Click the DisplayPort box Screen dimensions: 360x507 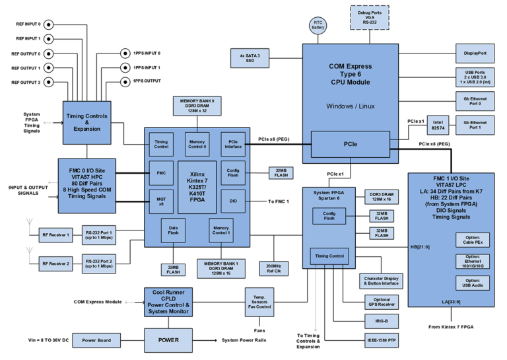coord(474,53)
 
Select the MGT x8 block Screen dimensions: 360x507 coord(161,201)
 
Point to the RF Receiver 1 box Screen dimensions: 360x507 coord(57,235)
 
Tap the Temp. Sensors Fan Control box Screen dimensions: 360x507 coord(259,299)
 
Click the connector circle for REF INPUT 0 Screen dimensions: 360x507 coord(52,24)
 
